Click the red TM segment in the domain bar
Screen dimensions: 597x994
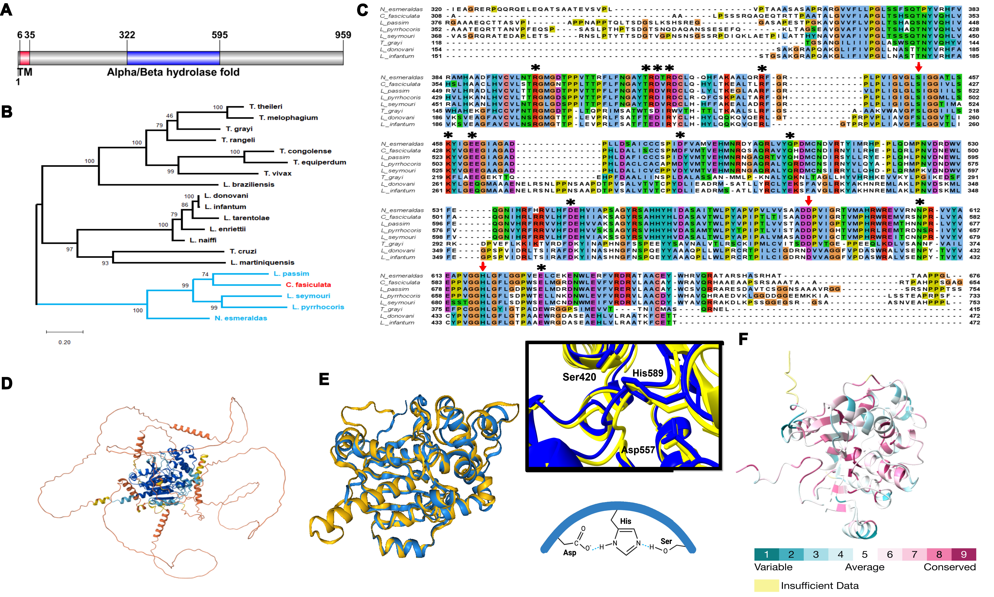pyautogui.click(x=25, y=58)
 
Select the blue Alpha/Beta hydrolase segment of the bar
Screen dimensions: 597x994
pyautogui.click(x=173, y=58)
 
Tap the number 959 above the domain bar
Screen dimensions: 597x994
pyautogui.click(x=343, y=35)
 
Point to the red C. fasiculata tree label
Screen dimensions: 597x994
pyautogui.click(x=308, y=285)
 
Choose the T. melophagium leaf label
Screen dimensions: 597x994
pyautogui.click(x=288, y=118)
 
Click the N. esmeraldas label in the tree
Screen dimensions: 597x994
pyautogui.click(x=241, y=318)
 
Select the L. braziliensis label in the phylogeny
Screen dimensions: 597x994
pyautogui.click(x=249, y=185)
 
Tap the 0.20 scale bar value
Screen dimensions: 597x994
pyautogui.click(x=64, y=342)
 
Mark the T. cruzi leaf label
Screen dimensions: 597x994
pyautogui.click(x=243, y=251)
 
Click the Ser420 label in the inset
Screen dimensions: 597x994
pyautogui.click(x=579, y=377)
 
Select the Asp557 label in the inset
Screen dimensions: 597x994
pyautogui.click(x=638, y=450)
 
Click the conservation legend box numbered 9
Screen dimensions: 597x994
pyautogui.click(x=963, y=554)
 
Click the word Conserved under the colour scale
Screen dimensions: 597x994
pyautogui.click(x=949, y=567)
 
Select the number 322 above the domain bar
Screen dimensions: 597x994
pyautogui.click(x=127, y=35)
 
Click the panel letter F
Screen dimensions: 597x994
pyautogui.click(x=743, y=339)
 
